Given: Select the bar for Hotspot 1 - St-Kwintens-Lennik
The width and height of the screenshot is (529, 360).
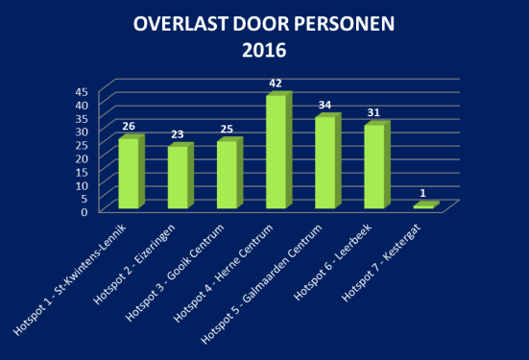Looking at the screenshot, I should tap(128, 174).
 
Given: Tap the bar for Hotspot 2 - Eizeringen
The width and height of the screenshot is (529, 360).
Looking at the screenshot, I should tap(178, 178).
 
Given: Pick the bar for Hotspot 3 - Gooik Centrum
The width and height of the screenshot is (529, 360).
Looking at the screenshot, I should tap(227, 175).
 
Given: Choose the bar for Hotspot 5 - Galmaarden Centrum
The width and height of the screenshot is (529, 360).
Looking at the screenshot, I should tap(325, 162).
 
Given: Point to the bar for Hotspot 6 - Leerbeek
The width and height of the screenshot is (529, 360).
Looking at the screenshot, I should tap(374, 166).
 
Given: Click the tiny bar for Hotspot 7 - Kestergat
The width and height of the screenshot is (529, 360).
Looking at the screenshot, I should tap(424, 205).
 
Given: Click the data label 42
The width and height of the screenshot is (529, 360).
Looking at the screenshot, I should tap(275, 84).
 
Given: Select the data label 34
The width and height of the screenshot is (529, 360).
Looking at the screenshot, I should tap(325, 105).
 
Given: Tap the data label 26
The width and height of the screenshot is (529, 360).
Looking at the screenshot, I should tap(129, 126).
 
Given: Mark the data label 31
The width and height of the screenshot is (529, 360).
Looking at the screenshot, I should tap(374, 112).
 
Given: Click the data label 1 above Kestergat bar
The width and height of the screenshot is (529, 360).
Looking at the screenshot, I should tap(424, 193).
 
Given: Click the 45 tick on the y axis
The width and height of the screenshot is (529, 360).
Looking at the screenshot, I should tap(82, 91).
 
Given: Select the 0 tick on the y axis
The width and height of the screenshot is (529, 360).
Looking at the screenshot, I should tap(85, 211).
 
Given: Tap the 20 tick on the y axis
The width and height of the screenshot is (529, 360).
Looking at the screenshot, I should tap(82, 157).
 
